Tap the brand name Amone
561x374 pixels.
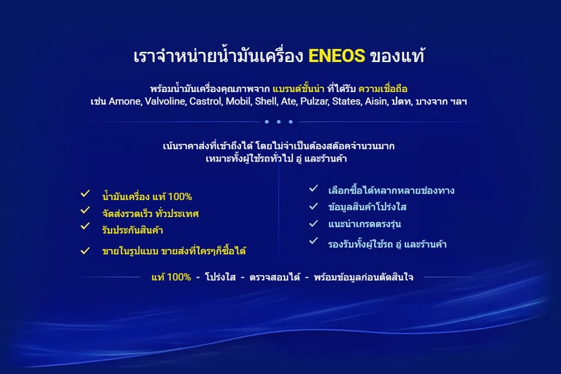tap(127, 102)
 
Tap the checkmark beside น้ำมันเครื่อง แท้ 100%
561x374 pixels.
tap(85, 194)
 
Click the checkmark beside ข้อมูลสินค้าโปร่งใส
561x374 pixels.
tap(313, 206)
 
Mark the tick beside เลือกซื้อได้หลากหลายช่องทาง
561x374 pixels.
tap(313, 188)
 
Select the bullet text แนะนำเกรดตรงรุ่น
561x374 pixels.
tap(365, 224)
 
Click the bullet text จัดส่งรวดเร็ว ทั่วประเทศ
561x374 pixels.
tap(150, 214)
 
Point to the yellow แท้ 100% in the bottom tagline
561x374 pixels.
tap(171, 278)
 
